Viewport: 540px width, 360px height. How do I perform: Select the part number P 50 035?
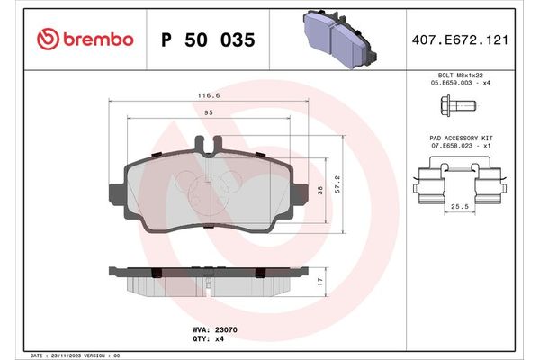pyautogui.click(x=207, y=40)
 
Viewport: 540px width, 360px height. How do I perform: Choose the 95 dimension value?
pyautogui.click(x=208, y=112)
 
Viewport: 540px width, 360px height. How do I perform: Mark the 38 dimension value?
pyautogui.click(x=320, y=189)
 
